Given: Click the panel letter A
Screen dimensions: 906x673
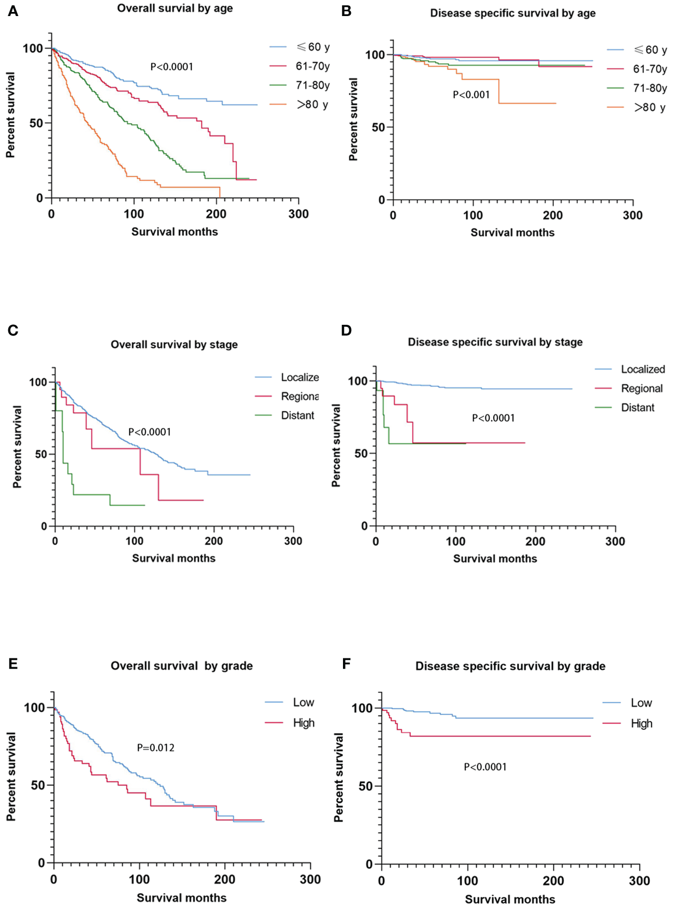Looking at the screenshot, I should tap(13, 11).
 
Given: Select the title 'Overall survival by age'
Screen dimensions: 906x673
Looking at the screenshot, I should tap(175, 8).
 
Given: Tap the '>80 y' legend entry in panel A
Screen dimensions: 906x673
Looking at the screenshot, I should tap(312, 105).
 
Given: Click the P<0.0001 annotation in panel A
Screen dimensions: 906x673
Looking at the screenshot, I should tap(171, 67).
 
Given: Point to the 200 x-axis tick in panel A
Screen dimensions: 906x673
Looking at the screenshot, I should tap(216, 214).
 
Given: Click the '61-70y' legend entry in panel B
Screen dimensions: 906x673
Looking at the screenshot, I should tap(650, 69).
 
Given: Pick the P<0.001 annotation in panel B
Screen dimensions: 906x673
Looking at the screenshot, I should tap(471, 95).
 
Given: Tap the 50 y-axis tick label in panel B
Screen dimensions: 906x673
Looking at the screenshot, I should tap(379, 127).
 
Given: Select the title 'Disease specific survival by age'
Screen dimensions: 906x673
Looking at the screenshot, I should tap(512, 13).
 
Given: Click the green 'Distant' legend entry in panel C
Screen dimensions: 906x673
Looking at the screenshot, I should tap(297, 415).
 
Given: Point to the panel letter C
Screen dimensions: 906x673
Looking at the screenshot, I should tap(13, 330).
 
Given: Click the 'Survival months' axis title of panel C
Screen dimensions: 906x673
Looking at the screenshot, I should tap(174, 558).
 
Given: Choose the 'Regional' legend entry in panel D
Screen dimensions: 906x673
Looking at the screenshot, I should tap(641, 389).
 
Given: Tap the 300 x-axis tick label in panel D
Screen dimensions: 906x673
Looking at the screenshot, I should tap(615, 541).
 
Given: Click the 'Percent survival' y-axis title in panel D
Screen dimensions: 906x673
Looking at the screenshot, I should tap(336, 445).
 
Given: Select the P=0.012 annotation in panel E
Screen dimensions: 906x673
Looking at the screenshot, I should tap(155, 748).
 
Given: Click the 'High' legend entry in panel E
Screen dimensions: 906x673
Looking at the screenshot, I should tap(304, 723).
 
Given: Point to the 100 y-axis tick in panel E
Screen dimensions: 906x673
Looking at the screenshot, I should tap(34, 708).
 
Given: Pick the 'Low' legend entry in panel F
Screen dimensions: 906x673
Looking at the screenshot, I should tap(641, 703).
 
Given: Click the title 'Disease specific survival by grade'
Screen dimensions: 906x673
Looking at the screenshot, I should tap(510, 666).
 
